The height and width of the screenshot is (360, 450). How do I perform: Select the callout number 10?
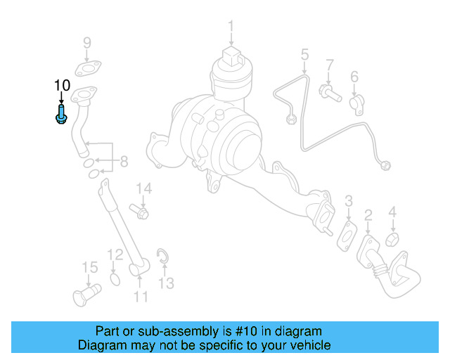click(x=62, y=85)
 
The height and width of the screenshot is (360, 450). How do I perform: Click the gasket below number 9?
click(x=86, y=69)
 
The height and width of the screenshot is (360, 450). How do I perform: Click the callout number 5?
click(x=304, y=54)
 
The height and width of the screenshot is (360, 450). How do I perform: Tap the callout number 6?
click(x=354, y=76)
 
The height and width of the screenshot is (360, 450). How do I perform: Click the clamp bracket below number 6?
click(x=356, y=103)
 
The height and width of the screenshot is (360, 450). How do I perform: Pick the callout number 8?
click(x=124, y=162)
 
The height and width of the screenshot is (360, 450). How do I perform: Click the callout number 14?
click(x=144, y=188)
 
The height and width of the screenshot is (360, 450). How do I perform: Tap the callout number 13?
click(x=165, y=283)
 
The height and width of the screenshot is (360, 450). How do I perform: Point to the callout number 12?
click(x=115, y=254)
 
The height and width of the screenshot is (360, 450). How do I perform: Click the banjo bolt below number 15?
click(x=85, y=293)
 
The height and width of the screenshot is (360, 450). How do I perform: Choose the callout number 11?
click(x=141, y=297)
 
